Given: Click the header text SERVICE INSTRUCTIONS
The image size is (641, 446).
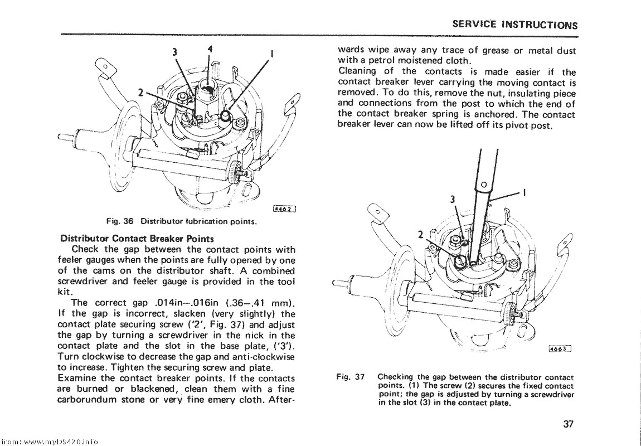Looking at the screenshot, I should point(514,25).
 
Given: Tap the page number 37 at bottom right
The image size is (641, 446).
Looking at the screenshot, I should point(568,423).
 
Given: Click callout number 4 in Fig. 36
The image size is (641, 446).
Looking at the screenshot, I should point(210,48).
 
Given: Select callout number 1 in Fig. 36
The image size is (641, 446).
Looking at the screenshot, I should point(271,55).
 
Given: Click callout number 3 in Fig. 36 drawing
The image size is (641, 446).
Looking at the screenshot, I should point(175,52).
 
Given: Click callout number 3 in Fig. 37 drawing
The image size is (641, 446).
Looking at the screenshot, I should point(453,199).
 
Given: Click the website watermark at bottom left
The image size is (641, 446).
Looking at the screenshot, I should point(50,440).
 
